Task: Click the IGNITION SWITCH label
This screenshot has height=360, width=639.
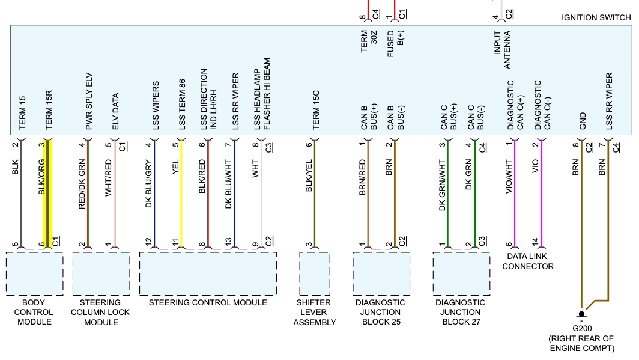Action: tap(596, 17)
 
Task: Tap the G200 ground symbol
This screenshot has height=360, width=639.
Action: tap(581, 316)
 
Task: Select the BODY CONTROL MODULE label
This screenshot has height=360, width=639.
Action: tap(34, 312)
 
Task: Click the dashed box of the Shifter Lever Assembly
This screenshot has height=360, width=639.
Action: tap(315, 273)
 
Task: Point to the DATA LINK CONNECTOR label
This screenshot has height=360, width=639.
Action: tap(528, 261)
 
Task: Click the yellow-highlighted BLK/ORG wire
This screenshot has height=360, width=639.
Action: tap(47, 192)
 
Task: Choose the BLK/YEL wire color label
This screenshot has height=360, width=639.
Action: tap(309, 175)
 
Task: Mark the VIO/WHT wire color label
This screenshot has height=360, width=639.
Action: tap(509, 177)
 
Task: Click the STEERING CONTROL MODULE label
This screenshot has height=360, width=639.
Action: tap(208, 302)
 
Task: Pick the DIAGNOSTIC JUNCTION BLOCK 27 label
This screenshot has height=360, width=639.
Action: tap(460, 312)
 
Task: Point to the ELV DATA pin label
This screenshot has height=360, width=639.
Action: tap(115, 112)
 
